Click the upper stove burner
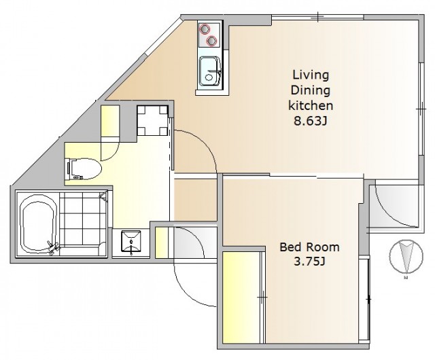[x=205, y=29]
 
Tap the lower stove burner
[x=211, y=41]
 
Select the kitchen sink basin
[x=210, y=72]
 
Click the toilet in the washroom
[x=84, y=168]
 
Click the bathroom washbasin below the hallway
[x=131, y=242]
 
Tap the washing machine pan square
[x=152, y=120]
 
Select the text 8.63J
[x=310, y=121]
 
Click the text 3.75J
[x=309, y=262]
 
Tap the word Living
[x=311, y=75]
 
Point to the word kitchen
[x=311, y=105]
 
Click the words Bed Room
[x=309, y=247]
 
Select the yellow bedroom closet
[x=242, y=297]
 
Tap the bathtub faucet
[x=53, y=247]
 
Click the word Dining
[x=311, y=91]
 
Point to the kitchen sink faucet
[x=213, y=72]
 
